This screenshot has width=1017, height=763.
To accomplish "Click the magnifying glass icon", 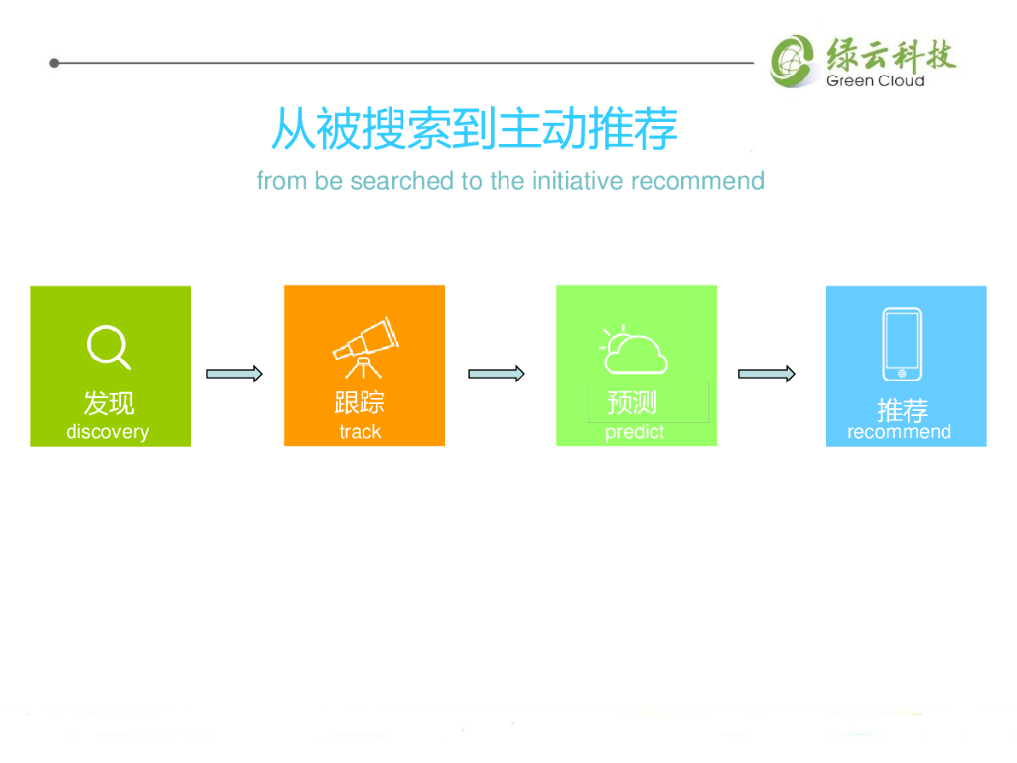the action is pos(108,347).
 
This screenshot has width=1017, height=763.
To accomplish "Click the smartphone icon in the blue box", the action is pos(902,344).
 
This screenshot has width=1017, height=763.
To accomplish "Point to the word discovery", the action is pos(107,432).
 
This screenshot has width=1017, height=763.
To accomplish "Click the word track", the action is pos(360,432).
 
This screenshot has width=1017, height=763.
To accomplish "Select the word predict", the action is pos(635,433).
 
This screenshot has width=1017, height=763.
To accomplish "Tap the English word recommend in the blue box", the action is pos(899,432).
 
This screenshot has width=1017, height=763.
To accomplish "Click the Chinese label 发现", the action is pos(109,403).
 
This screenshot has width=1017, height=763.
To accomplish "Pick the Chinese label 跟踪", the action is pos(360,402).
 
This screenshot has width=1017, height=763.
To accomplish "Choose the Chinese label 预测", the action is pos(633,402).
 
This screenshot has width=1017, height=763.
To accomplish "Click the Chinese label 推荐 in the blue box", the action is pos(902,409).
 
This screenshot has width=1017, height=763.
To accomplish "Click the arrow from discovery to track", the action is pos(234,374).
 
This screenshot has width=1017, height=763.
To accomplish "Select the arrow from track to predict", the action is pos(497,374).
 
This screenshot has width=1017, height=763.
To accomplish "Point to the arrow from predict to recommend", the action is pos(767,374).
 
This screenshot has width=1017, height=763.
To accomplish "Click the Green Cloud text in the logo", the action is pos(875,81).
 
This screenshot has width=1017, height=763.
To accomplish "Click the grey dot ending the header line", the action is pos(54,63).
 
